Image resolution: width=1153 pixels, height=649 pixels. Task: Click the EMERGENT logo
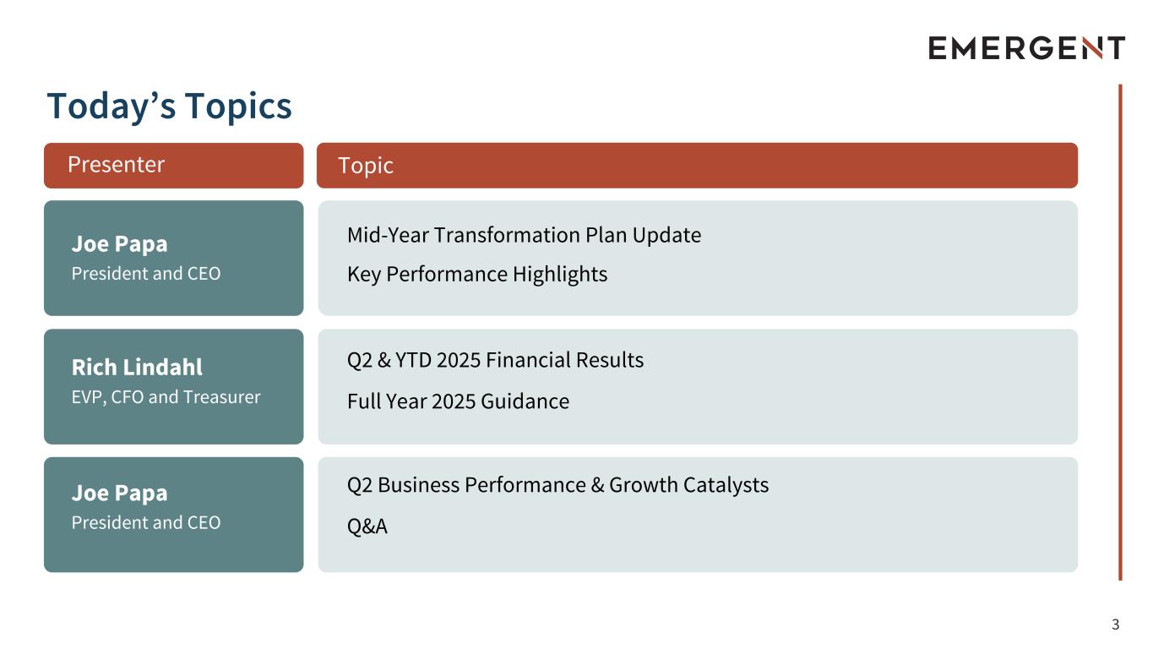click(x=1026, y=48)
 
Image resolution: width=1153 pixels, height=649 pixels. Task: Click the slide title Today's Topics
click(x=169, y=106)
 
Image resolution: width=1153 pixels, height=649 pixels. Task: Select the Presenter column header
click(x=173, y=166)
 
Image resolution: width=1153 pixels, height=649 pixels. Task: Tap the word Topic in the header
click(x=366, y=166)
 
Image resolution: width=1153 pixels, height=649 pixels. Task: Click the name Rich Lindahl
click(x=137, y=368)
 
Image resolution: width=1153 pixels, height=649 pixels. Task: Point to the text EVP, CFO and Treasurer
click(x=166, y=397)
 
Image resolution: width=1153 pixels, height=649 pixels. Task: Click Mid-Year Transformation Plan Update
click(x=524, y=236)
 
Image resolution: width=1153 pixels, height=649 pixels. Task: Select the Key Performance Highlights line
click(x=477, y=275)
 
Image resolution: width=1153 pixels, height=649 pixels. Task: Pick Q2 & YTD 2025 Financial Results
click(x=495, y=360)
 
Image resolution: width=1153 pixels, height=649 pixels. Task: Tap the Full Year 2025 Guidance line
click(x=458, y=401)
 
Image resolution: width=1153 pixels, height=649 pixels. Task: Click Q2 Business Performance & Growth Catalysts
click(x=558, y=485)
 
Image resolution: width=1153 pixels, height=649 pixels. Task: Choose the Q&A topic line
click(x=367, y=526)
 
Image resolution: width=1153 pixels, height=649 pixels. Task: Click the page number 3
click(x=1116, y=624)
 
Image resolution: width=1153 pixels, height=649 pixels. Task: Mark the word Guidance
click(x=525, y=401)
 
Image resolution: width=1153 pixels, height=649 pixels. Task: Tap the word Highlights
click(x=560, y=275)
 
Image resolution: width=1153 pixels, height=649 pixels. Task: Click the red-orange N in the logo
click(x=1091, y=48)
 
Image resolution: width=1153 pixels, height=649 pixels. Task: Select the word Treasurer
click(x=222, y=397)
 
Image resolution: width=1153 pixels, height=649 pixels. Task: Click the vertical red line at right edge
click(x=1120, y=332)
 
